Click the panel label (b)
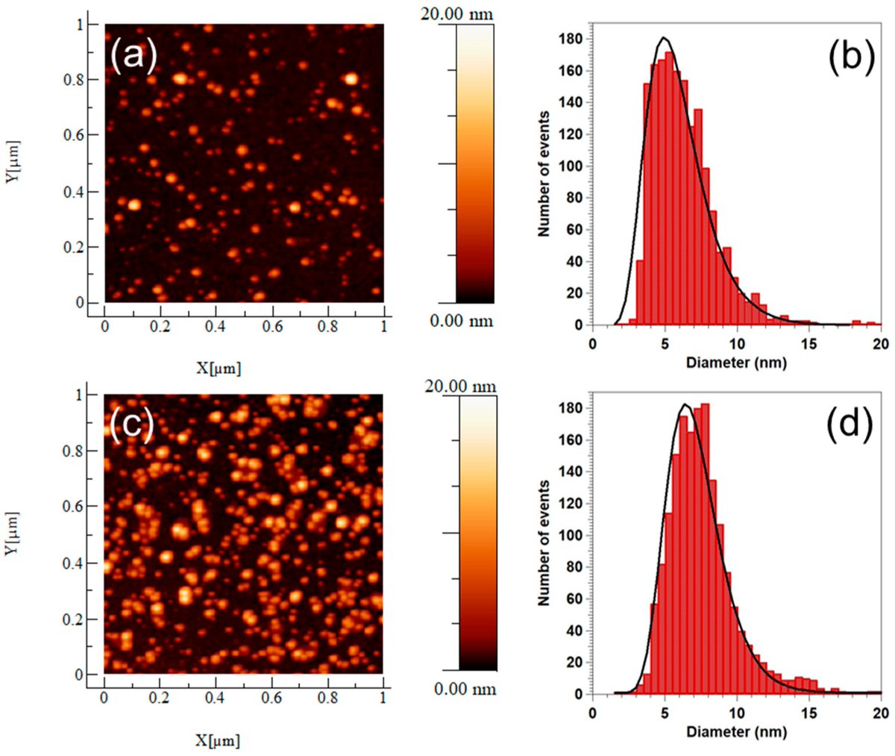point(850,58)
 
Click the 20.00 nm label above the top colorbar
point(456,13)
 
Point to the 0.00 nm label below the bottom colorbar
point(465,689)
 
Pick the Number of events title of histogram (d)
point(544,543)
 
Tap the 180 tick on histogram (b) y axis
point(574,40)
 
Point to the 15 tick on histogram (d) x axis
point(808,713)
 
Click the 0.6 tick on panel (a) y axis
point(72,135)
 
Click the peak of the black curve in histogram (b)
point(664,38)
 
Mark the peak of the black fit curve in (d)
point(685,405)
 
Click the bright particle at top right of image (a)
point(351,78)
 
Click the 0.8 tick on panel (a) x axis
point(328,326)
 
